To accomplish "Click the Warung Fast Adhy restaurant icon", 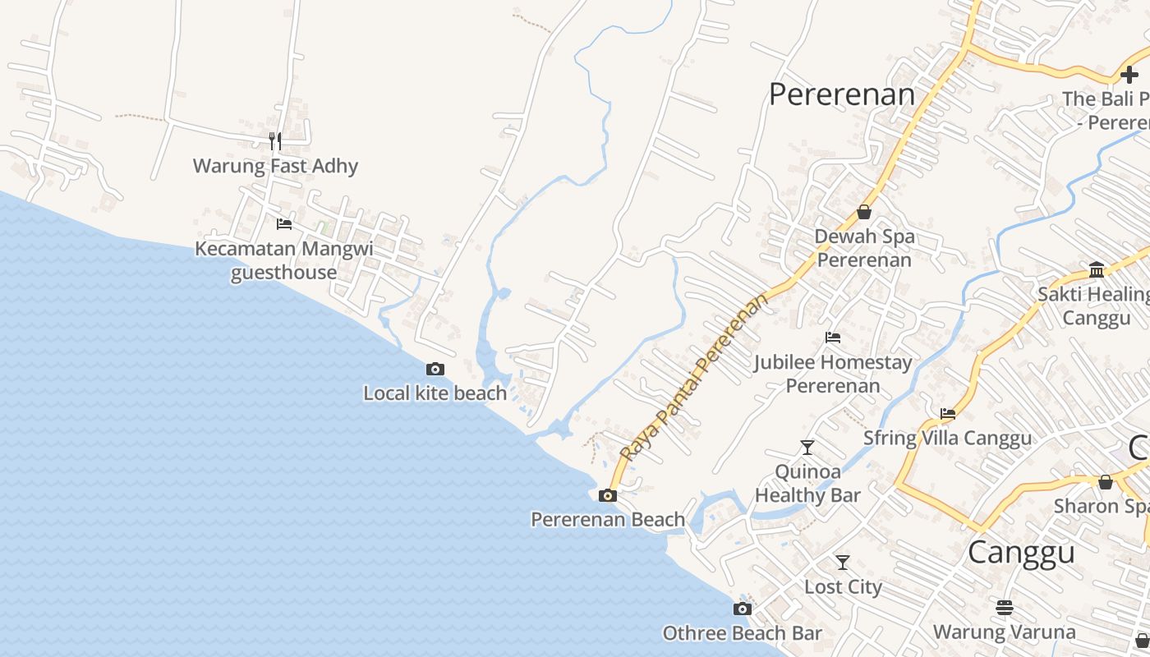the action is (x=275, y=141).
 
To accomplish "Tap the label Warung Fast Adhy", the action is (x=275, y=166).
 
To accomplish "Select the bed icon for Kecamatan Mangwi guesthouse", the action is (x=284, y=223).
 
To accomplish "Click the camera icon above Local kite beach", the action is (x=435, y=370).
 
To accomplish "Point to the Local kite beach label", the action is (x=435, y=393).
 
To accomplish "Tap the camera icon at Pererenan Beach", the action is (x=608, y=495).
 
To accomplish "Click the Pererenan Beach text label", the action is (x=608, y=519).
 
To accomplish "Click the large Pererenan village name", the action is (x=841, y=94).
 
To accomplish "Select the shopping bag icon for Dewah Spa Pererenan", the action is (x=864, y=212).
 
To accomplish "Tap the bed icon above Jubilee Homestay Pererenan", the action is (x=833, y=337).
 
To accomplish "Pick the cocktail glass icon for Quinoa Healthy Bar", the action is (x=807, y=448).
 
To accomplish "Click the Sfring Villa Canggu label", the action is (x=947, y=438).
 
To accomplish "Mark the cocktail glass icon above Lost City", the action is (x=843, y=563).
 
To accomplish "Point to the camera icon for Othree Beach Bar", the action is (x=743, y=609).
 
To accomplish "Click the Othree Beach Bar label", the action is (x=742, y=633).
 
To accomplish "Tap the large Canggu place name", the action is (x=1021, y=552).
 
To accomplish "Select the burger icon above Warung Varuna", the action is (x=1005, y=608).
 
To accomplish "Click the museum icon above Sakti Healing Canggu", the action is (x=1097, y=270).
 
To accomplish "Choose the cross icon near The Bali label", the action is (x=1129, y=75).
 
